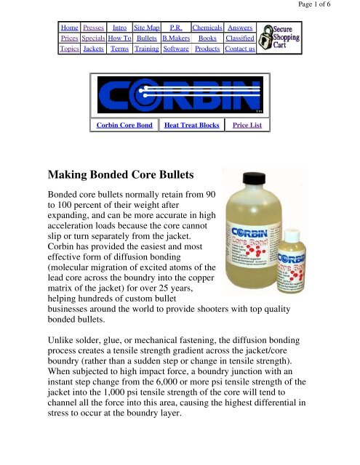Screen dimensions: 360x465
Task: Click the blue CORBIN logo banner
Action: [180, 94]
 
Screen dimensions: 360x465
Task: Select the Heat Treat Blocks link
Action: [191, 126]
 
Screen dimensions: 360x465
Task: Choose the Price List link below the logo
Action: [247, 126]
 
